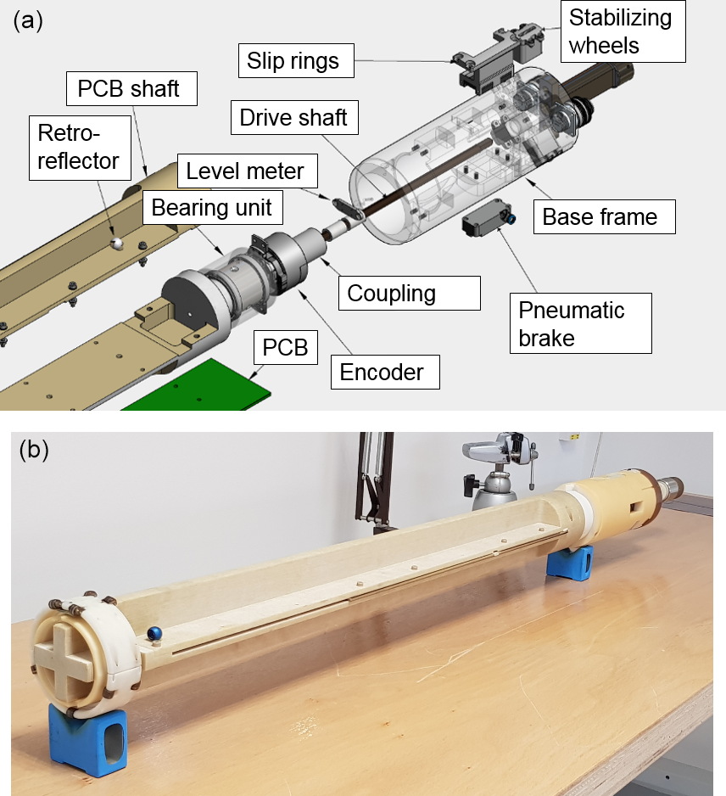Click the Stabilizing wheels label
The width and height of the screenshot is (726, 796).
[x=620, y=31]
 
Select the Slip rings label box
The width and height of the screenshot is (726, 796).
[x=293, y=60]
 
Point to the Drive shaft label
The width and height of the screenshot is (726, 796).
[x=293, y=116]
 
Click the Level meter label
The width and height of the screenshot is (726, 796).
[x=245, y=171]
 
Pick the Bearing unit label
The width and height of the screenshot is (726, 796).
[x=212, y=208]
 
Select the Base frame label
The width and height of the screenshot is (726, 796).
[x=600, y=216]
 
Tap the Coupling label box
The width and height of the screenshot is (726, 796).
[x=391, y=294]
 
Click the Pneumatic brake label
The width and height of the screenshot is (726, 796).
[x=579, y=322]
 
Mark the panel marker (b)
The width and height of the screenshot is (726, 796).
[x=33, y=449]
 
